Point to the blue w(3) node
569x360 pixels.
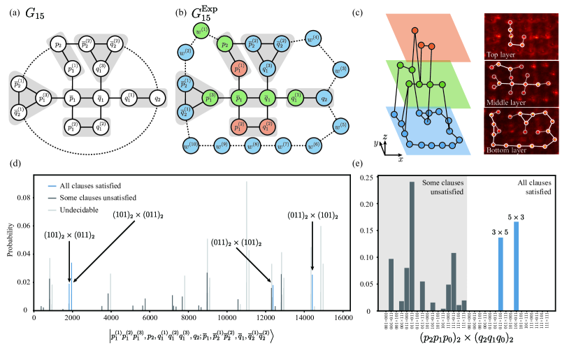340,69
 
